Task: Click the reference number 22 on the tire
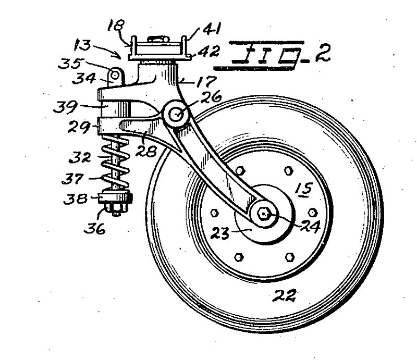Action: pyautogui.click(x=284, y=295)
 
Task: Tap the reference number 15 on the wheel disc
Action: pyautogui.click(x=304, y=189)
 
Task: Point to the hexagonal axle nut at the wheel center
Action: pyautogui.click(x=264, y=213)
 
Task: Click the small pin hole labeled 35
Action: pyautogui.click(x=115, y=76)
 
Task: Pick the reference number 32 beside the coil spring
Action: pyautogui.click(x=80, y=158)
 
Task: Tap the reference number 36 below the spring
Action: pyautogui.click(x=95, y=228)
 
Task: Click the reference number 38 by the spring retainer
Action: pyautogui.click(x=76, y=198)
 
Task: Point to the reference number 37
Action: pyautogui.click(x=72, y=178)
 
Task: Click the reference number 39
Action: pyautogui.click(x=66, y=107)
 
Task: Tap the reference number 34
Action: pyautogui.click(x=84, y=79)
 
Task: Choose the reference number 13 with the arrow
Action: pyautogui.click(x=83, y=45)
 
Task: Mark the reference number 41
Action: pyautogui.click(x=212, y=29)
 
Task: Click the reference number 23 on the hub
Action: pyautogui.click(x=219, y=233)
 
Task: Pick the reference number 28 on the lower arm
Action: pyautogui.click(x=146, y=151)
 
